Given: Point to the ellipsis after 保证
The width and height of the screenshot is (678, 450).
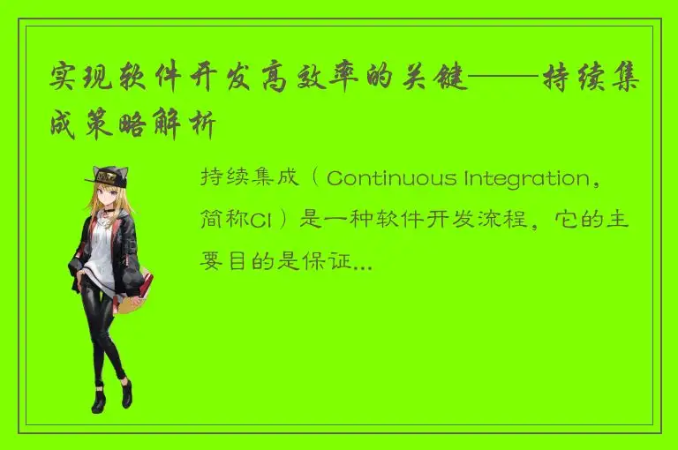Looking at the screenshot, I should [362, 263].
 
